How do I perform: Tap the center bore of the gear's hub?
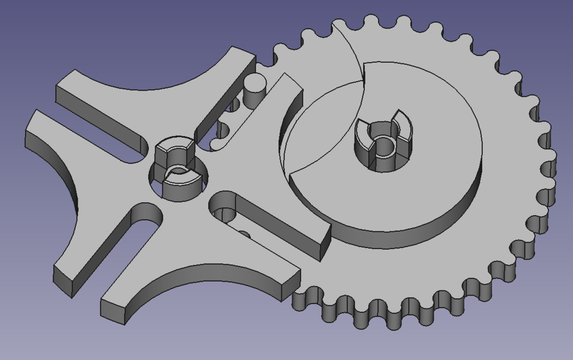pos(384,146)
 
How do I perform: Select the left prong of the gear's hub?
pos(365,134)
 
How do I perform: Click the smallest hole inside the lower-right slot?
pos(244,233)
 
